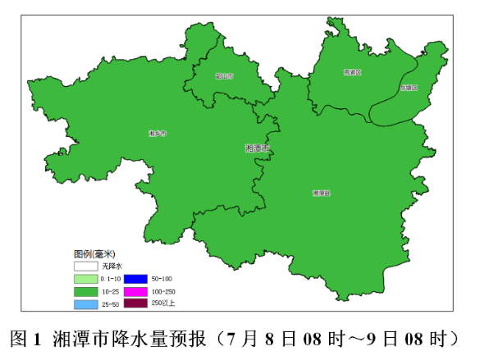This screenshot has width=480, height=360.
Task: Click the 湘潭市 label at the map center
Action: coord(257,148)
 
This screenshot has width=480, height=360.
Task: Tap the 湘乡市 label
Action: coord(158,132)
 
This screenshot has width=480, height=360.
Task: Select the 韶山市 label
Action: coord(224,75)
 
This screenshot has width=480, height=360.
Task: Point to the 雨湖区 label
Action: coord(353,72)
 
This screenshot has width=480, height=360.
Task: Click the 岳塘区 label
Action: coord(409,87)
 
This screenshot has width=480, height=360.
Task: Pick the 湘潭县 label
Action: coord(321,194)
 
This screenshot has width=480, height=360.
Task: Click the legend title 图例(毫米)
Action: coord(94,253)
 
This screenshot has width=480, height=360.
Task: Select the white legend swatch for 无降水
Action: coord(86,267)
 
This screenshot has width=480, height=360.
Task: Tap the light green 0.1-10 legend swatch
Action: coord(86,279)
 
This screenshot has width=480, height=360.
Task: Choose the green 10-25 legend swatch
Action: coord(86,291)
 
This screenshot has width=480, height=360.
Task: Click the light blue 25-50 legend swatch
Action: coord(86,304)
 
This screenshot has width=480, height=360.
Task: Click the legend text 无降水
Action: coord(112,267)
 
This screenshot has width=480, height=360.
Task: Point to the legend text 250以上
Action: coord(163,303)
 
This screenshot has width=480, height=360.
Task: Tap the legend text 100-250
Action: coord(164,291)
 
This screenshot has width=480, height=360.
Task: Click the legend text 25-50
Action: coord(111,304)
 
